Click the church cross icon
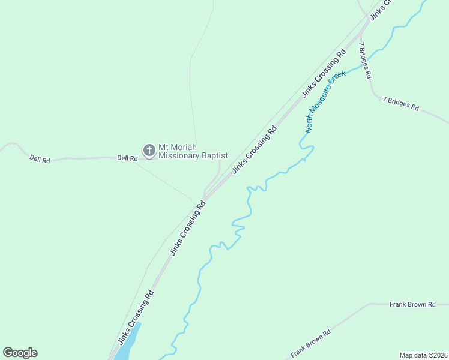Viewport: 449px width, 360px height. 149,149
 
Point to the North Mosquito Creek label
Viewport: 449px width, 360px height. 325,102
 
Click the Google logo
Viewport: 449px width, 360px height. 20,353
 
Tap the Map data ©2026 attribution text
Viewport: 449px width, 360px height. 423,355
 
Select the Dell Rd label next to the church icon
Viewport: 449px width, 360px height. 127,158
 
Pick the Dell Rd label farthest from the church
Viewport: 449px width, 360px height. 40,160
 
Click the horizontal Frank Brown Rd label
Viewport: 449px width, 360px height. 412,305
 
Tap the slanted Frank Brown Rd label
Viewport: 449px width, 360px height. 310,344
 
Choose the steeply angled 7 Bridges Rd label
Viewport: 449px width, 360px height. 365,60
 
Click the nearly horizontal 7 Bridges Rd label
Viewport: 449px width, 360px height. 400,103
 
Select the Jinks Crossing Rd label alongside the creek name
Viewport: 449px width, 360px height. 324,73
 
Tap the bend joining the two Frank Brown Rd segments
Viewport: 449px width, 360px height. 369,304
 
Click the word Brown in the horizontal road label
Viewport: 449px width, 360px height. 416,305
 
